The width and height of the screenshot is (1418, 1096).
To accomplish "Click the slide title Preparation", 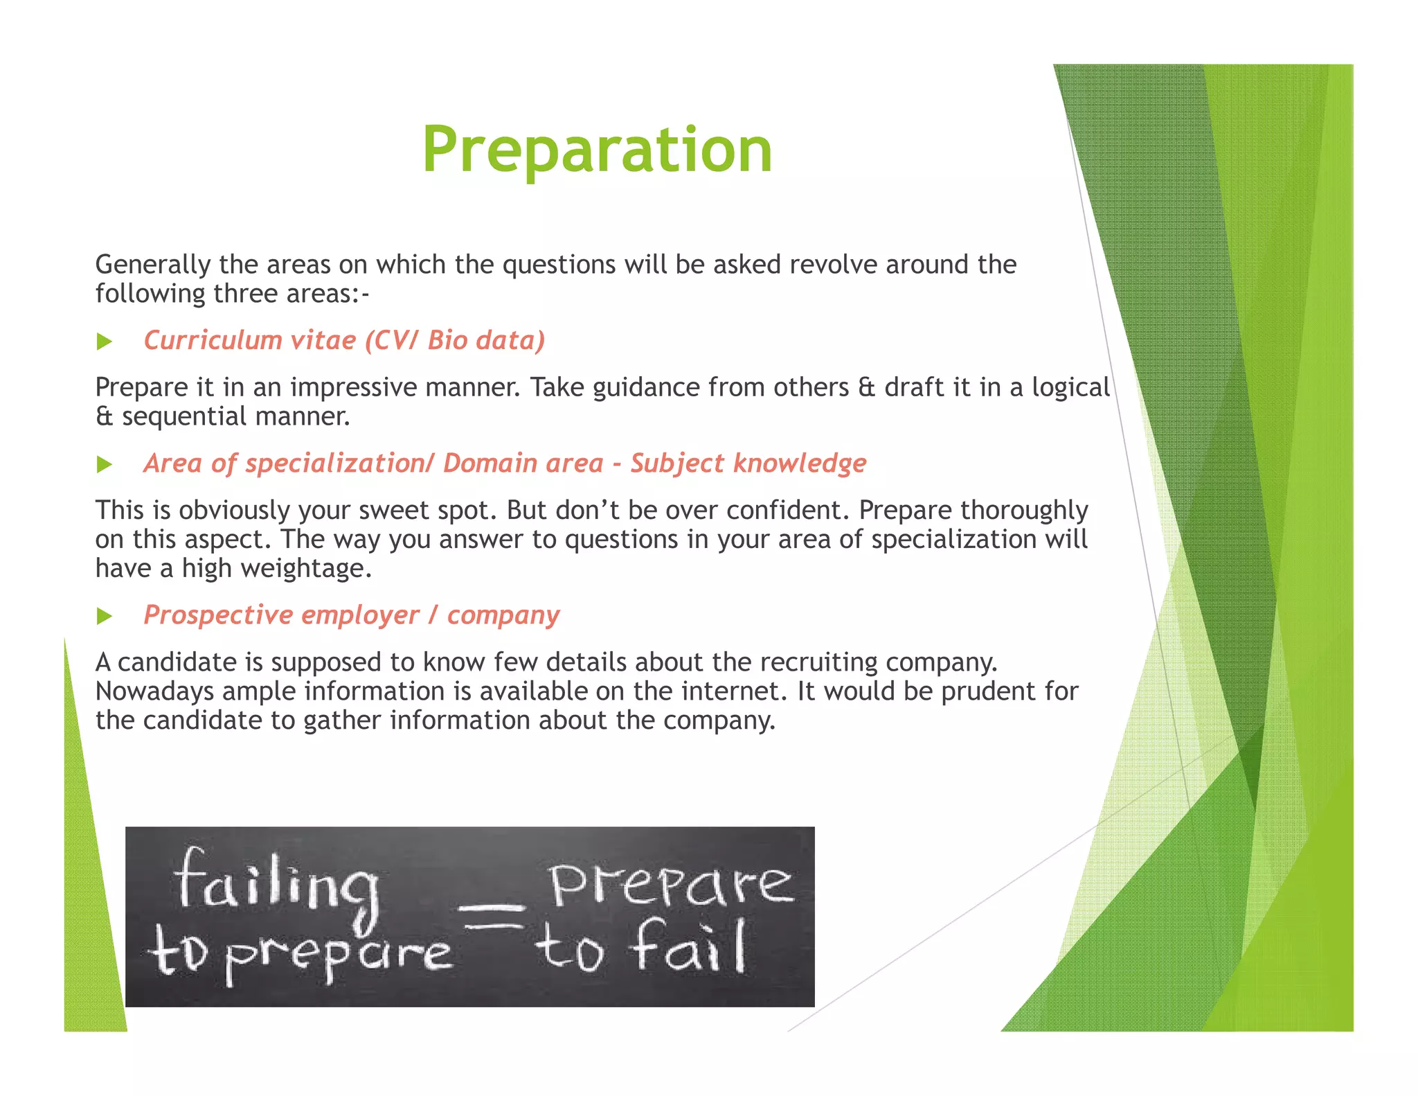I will coord(597,150).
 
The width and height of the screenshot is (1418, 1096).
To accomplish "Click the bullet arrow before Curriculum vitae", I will coord(105,342).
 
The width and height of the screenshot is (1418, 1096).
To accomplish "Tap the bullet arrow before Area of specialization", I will coord(105,464).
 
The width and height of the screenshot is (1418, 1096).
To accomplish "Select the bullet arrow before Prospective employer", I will coord(105,616).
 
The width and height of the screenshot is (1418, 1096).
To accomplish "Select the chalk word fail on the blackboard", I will coord(689,947).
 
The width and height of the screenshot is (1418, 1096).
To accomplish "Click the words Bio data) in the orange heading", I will coord(486,340).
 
